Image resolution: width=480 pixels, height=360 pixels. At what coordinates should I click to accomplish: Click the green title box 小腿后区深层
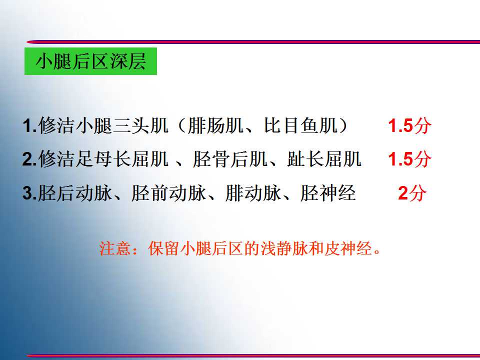click(x=90, y=61)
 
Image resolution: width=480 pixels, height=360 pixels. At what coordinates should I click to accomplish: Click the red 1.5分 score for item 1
click(x=409, y=125)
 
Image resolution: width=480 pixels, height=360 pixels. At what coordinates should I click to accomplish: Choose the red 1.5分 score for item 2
click(x=409, y=159)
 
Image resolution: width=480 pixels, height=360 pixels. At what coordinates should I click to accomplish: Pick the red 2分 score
click(x=412, y=193)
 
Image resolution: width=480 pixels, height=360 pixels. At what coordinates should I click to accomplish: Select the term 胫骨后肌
click(x=230, y=159)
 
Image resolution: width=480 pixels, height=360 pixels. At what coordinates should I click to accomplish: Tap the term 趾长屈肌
click(x=324, y=159)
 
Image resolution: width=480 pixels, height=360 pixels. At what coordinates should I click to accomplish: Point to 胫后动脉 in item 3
click(x=74, y=193)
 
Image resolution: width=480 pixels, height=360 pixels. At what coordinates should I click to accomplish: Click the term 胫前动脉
click(x=168, y=193)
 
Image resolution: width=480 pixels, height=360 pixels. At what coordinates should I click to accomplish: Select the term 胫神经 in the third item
click(x=328, y=193)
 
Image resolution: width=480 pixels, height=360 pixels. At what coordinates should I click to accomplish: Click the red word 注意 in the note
click(x=115, y=248)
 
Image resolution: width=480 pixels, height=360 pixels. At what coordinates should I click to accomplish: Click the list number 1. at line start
click(x=30, y=126)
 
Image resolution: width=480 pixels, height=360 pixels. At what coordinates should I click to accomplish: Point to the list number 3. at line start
click(x=30, y=193)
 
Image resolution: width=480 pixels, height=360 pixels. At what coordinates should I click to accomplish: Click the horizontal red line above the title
click(x=253, y=41)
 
